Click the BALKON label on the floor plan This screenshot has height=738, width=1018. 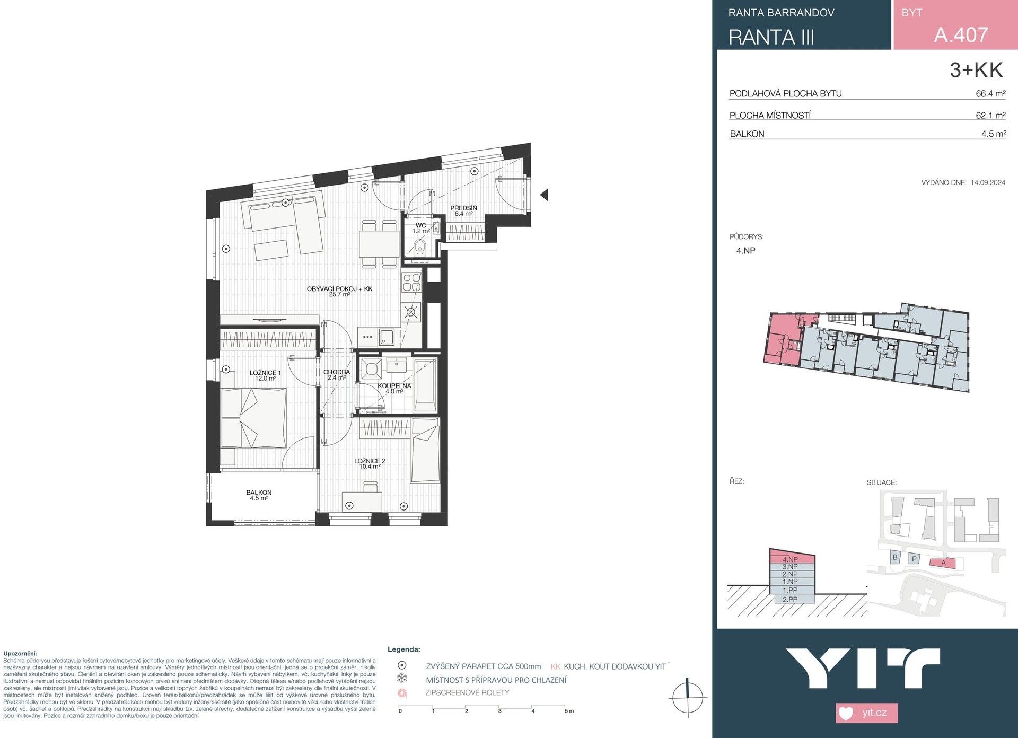tap(259, 493)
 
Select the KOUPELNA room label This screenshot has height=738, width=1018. tap(394, 386)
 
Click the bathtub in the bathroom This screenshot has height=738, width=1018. tap(425, 385)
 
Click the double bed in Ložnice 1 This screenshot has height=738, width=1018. tap(253, 418)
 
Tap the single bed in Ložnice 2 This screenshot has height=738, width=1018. tap(425, 451)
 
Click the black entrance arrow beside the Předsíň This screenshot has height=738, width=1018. tap(543, 195)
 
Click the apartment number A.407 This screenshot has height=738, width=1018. tap(961, 35)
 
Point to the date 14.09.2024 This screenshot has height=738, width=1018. tap(988, 182)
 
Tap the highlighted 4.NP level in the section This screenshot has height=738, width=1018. tap(790, 559)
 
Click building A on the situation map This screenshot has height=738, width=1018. tap(943, 563)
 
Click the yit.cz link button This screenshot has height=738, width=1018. tap(867, 712)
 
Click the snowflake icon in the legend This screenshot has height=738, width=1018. tap(402, 679)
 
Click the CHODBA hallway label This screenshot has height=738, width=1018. tap(337, 372)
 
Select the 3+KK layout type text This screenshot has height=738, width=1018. tap(976, 71)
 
